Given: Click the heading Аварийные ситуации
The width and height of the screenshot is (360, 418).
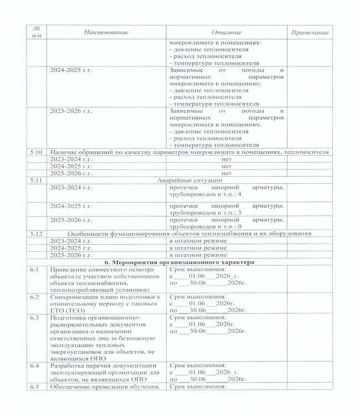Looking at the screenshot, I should (190, 180).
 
